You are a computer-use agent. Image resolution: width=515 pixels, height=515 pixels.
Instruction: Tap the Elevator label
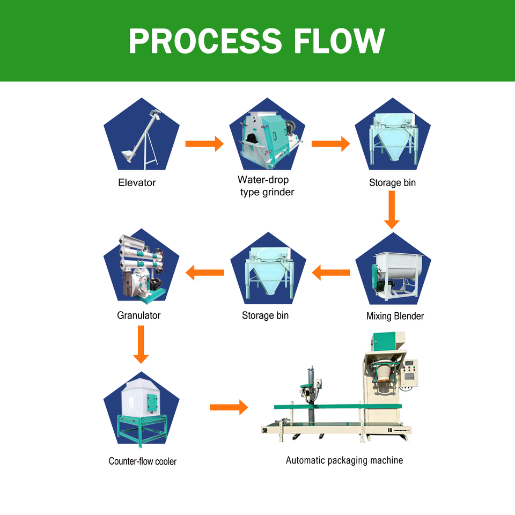(137, 182)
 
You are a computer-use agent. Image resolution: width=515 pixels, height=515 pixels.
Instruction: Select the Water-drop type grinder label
(267, 186)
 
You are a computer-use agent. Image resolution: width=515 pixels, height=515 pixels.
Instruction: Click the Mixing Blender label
(395, 316)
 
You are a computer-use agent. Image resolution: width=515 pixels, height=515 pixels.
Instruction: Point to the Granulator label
(138, 315)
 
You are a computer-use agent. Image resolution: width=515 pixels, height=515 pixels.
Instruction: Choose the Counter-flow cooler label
(143, 461)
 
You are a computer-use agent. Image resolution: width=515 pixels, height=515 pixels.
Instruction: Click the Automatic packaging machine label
(344, 460)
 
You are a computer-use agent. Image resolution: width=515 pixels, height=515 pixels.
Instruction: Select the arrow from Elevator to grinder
(204, 144)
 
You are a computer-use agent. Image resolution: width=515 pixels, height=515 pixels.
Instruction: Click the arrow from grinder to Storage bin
(331, 144)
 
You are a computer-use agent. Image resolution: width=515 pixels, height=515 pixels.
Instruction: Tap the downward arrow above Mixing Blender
(392, 210)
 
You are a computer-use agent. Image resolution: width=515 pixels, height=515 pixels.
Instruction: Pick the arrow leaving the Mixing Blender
(331, 273)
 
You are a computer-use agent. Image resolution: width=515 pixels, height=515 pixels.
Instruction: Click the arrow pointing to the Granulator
(204, 273)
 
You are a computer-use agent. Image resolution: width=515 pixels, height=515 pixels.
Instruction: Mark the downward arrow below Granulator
(141, 344)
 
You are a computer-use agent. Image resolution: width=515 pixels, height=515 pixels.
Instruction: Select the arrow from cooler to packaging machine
(229, 407)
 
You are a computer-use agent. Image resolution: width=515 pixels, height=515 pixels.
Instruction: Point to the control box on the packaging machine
(410, 373)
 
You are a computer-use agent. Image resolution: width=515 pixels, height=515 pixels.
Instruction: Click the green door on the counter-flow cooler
(152, 402)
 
